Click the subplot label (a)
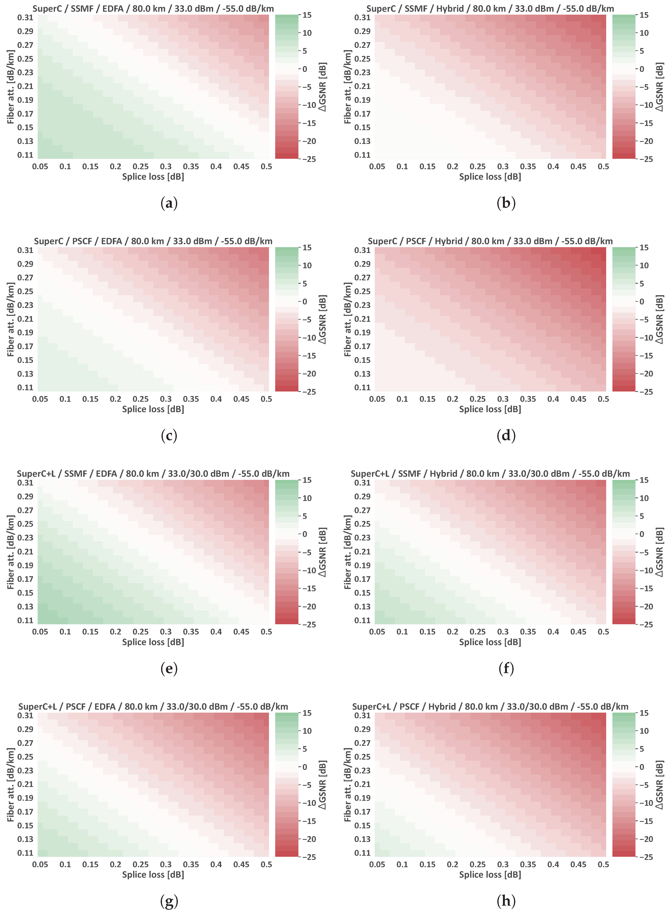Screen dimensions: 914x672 [x=169, y=203]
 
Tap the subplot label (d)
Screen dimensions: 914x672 [x=506, y=435]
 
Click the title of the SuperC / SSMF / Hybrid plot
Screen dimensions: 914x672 [x=490, y=9]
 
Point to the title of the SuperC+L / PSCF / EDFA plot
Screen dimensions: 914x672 [x=153, y=707]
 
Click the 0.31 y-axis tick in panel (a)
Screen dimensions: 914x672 [x=25, y=18]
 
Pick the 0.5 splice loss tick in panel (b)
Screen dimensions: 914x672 [x=603, y=166]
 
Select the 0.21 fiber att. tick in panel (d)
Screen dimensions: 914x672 [x=362, y=319]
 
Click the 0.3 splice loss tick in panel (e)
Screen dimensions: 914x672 [x=165, y=631]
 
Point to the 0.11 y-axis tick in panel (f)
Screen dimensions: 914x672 [x=362, y=620]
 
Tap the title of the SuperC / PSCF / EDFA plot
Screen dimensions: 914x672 [x=153, y=241]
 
